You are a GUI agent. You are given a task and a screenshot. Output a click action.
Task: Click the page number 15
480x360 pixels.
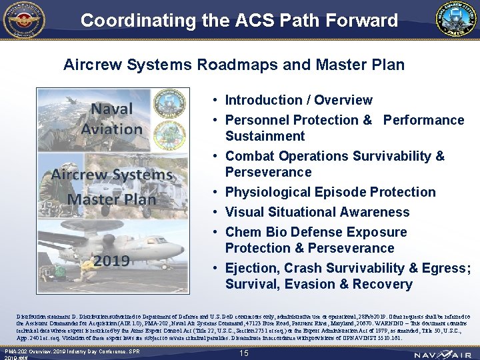click(243, 353)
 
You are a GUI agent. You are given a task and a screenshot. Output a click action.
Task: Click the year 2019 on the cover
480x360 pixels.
click(111, 260)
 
